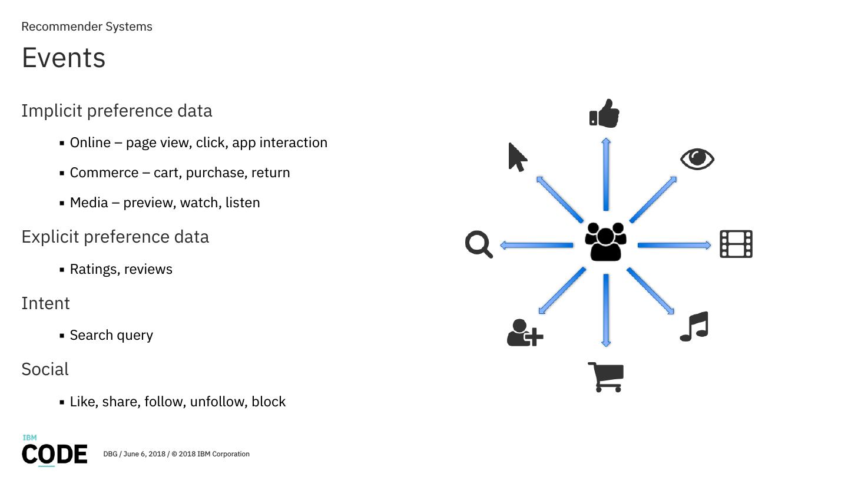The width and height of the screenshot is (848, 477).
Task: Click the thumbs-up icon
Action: coord(604,113)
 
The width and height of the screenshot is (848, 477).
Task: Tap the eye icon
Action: coord(697,159)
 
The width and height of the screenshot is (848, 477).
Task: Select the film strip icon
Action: coord(736,244)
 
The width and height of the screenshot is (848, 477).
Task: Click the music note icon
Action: coord(694,327)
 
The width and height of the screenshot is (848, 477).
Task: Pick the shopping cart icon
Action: coord(606,377)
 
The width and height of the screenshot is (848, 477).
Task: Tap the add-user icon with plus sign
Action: coord(524,333)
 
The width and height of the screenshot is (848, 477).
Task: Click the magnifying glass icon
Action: coord(479,244)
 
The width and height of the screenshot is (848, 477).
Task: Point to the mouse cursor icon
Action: coord(517,157)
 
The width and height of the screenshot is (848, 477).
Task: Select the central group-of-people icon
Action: coord(605,241)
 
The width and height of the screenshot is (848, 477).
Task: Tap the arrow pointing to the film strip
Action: coord(674,245)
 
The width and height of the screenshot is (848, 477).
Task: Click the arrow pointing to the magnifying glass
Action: coord(536,245)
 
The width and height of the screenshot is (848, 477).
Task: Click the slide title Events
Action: coord(64,58)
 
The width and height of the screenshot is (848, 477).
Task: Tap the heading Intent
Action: coord(45,303)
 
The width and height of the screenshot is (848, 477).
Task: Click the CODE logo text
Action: coord(55,454)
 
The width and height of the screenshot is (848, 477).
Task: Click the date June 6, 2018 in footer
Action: coord(144,454)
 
